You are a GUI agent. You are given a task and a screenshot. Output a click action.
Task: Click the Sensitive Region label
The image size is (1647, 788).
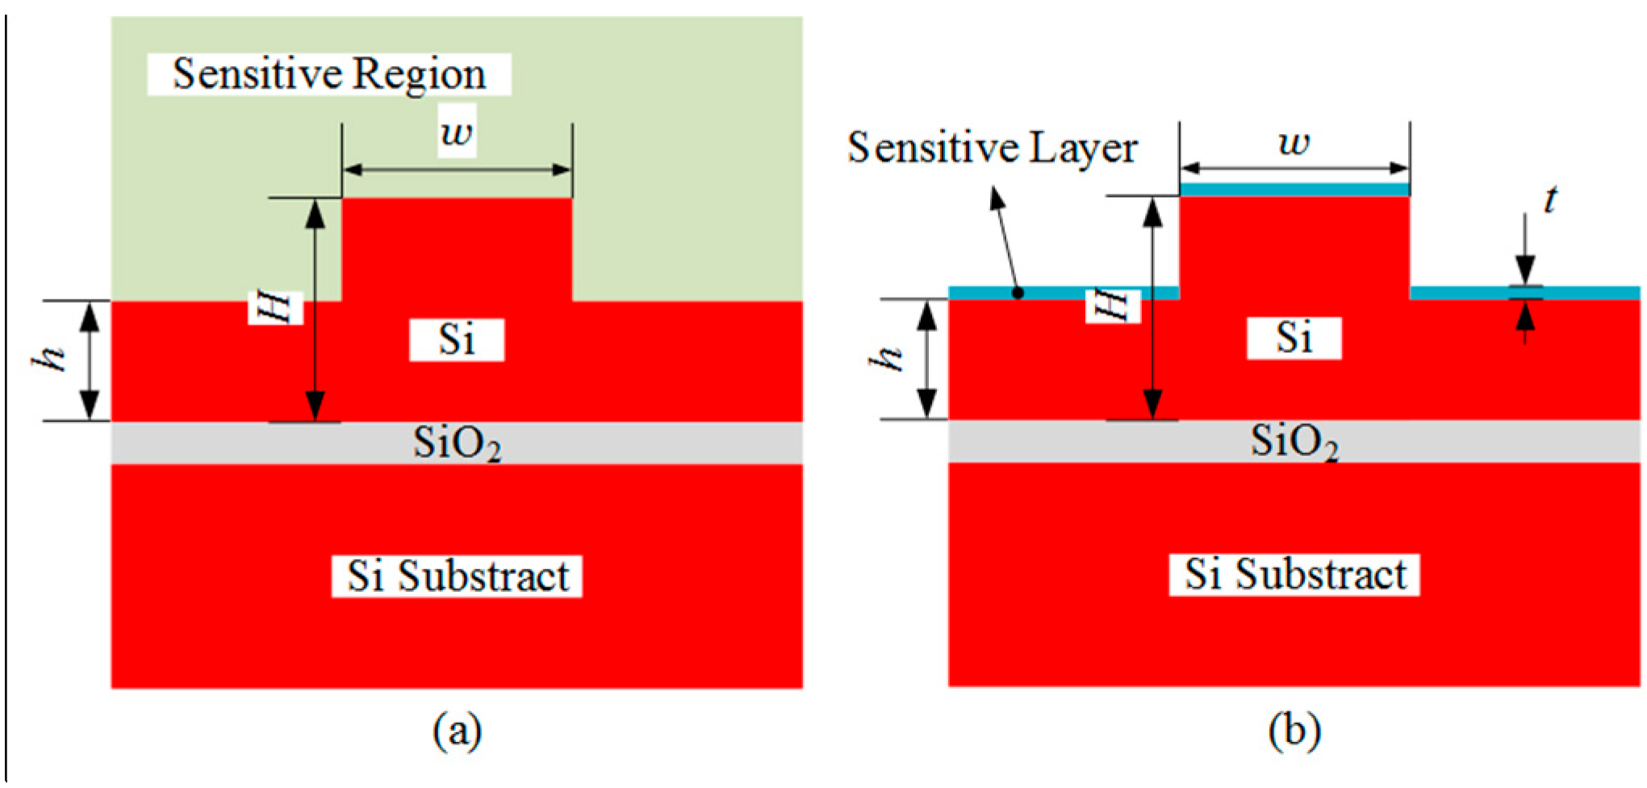coord(329,74)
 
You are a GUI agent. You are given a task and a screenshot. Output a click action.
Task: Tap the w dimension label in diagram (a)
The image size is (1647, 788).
coord(457,131)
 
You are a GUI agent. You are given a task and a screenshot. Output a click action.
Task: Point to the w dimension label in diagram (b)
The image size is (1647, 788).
coord(1294,143)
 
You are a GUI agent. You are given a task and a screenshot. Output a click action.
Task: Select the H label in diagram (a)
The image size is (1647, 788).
coord(275,308)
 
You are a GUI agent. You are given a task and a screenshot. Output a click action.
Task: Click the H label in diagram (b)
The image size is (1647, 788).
coord(1113,306)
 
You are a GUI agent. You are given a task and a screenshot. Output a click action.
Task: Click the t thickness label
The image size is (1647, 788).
coord(1549,199)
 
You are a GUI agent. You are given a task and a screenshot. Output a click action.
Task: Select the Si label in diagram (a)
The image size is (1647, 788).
coord(457,339)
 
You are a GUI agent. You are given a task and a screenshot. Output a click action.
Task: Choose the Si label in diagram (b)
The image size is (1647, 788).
coord(1294,337)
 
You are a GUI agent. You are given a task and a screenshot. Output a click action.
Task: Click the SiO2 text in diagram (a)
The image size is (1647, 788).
coord(457,443)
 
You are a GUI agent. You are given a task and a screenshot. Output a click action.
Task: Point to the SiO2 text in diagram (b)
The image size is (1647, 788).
coord(1294,442)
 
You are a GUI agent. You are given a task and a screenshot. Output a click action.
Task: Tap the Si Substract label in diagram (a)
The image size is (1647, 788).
coord(457,576)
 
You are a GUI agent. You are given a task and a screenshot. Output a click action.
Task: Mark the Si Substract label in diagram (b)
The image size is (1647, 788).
coord(1294,575)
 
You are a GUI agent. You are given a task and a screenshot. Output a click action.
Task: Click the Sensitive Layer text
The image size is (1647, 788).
coord(992,149)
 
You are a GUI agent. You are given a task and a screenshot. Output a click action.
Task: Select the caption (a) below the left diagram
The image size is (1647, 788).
coord(458,731)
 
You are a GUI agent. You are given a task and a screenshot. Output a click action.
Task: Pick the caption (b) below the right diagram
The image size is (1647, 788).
coord(1294,731)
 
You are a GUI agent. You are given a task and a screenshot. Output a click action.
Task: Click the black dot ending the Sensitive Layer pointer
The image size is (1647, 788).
coord(1018,293)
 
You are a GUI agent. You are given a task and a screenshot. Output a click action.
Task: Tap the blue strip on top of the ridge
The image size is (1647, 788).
coord(1294,189)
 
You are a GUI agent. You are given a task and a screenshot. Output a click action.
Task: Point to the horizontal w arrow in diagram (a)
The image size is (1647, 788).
coord(457,170)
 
